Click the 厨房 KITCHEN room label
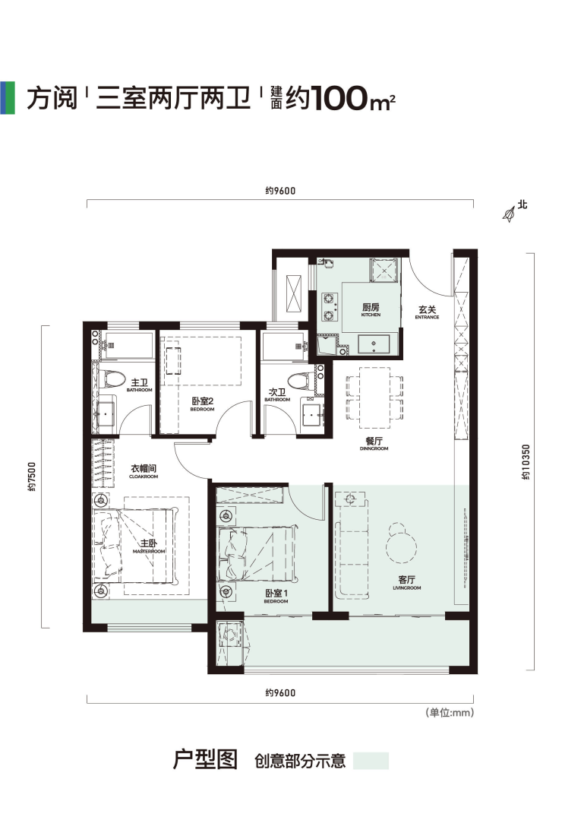(371, 310)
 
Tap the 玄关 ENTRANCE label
(428, 312)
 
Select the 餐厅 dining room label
(374, 444)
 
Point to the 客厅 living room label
(406, 583)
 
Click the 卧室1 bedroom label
(276, 596)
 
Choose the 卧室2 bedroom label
(203, 404)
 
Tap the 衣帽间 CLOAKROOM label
(144, 471)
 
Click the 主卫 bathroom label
(140, 385)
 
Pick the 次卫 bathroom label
(277, 394)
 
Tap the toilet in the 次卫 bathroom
(301, 380)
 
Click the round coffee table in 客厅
(402, 547)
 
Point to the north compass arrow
(509, 214)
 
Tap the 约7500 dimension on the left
(33, 477)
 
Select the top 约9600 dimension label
(280, 190)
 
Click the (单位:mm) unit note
(450, 712)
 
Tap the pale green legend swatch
(371, 760)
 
